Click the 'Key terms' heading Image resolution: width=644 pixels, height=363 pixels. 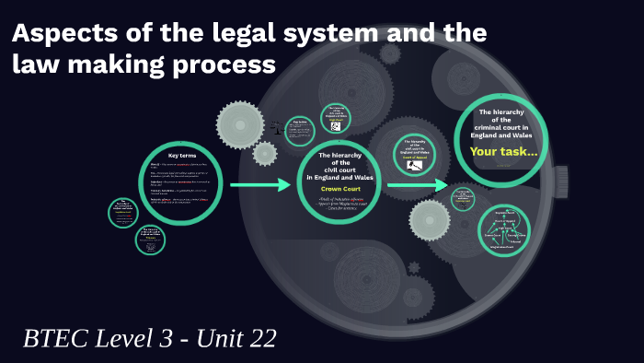coord(183,154)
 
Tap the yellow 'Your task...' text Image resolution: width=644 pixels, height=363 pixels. coord(502,152)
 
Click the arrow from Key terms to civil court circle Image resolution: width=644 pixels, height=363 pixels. coord(260,185)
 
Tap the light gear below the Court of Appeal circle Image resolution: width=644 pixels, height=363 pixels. coord(429,220)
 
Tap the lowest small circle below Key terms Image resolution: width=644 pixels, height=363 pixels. coord(152,239)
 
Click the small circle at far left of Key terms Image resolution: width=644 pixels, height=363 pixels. coord(122,213)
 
